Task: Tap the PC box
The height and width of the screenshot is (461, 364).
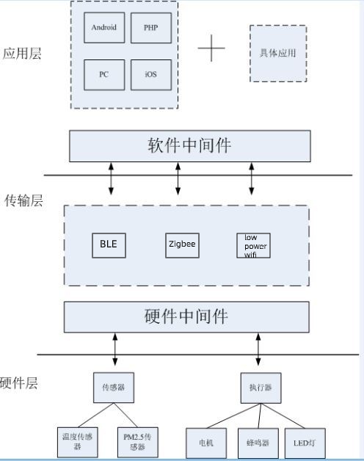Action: (103, 75)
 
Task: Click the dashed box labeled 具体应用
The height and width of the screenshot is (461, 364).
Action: (278, 54)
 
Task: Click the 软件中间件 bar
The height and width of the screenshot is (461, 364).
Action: (189, 146)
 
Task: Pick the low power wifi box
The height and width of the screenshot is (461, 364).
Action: (252, 246)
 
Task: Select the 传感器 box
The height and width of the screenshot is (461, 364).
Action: (114, 388)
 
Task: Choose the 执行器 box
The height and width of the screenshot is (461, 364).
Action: (258, 388)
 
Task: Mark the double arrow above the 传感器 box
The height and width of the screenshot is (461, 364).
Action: (114, 350)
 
